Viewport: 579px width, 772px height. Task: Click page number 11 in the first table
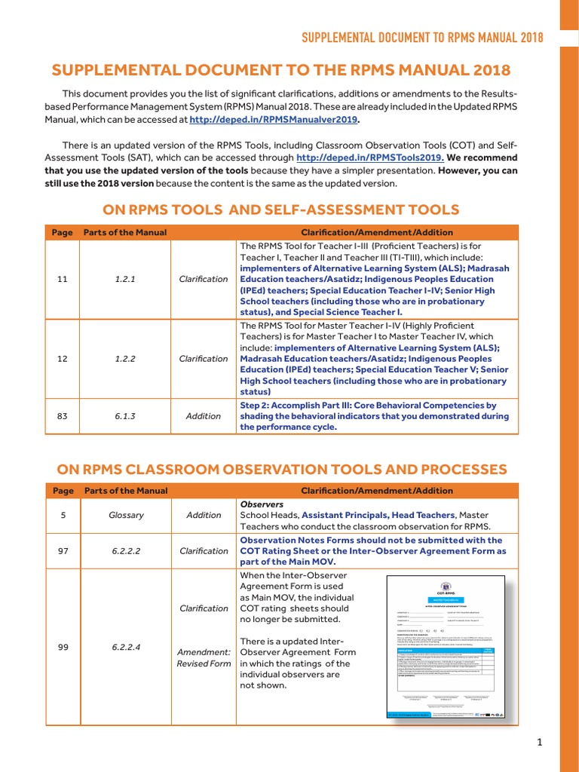(x=63, y=279)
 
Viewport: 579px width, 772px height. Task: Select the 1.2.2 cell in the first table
(x=125, y=359)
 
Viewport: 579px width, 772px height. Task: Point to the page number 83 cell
(x=63, y=416)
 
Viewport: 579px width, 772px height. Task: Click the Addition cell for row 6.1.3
(x=204, y=416)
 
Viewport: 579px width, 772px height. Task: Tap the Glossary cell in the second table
(x=125, y=516)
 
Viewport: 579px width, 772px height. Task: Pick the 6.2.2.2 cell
(x=125, y=551)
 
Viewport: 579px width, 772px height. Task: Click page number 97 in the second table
(x=63, y=551)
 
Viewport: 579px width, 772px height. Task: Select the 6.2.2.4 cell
(x=125, y=647)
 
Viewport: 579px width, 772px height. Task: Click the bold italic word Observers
(x=261, y=504)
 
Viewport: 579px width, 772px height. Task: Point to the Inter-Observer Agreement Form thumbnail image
(x=445, y=647)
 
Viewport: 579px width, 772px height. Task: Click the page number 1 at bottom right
(x=540, y=743)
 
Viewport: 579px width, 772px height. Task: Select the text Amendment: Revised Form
(x=204, y=657)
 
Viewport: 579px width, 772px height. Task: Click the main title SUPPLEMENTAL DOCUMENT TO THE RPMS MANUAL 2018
(x=280, y=71)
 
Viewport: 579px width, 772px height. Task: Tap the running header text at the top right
(x=422, y=38)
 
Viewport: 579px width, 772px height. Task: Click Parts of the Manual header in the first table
(x=125, y=232)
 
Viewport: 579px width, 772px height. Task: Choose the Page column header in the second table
(x=63, y=491)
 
